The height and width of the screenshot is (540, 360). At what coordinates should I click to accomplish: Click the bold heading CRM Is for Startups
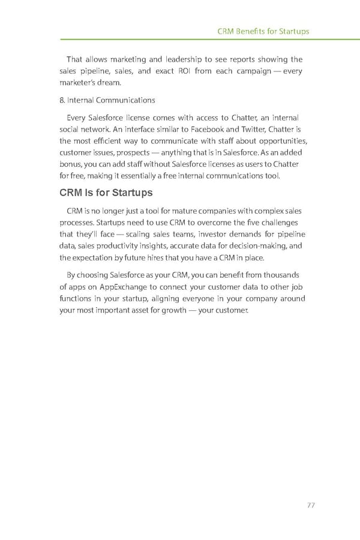[106, 193]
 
